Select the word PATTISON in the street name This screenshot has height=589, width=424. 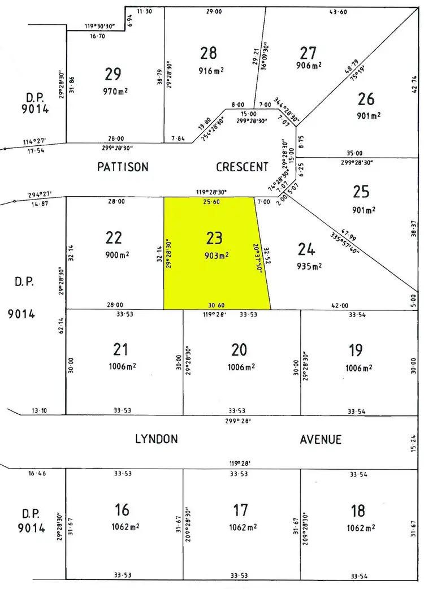[123, 167]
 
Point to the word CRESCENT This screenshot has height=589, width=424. [242, 167]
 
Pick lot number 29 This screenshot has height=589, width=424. [113, 74]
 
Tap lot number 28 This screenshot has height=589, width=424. [209, 53]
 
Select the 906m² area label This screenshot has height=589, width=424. [308, 65]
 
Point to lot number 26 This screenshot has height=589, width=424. [366, 99]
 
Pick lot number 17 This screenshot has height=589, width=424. [241, 510]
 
